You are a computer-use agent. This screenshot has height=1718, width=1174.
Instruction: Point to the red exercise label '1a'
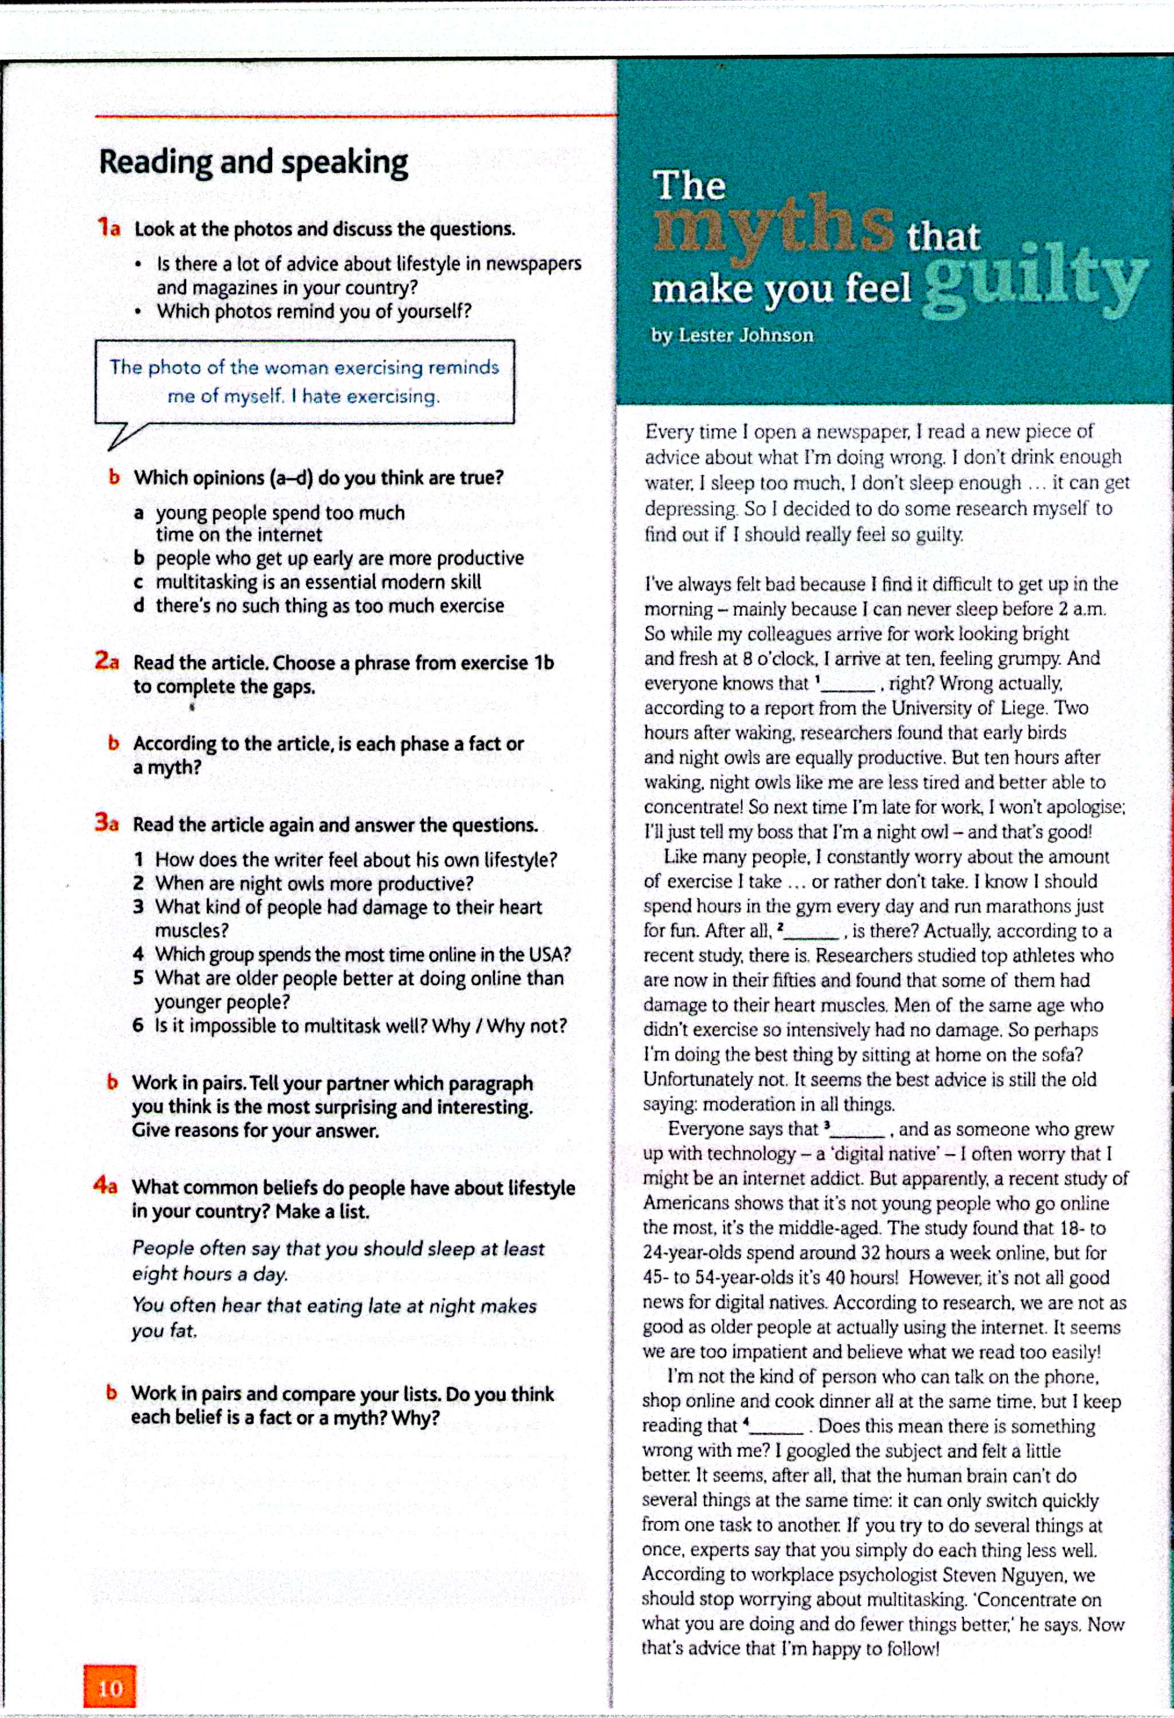(x=109, y=228)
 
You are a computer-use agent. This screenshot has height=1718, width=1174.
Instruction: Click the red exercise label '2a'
(x=107, y=661)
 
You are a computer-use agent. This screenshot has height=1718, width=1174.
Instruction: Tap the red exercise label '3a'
(x=107, y=823)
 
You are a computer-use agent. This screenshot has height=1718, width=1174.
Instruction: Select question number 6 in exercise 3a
(x=138, y=1026)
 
